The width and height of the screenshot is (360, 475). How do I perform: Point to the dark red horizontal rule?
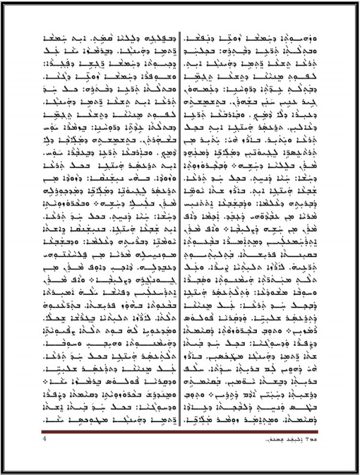click(179, 431)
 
